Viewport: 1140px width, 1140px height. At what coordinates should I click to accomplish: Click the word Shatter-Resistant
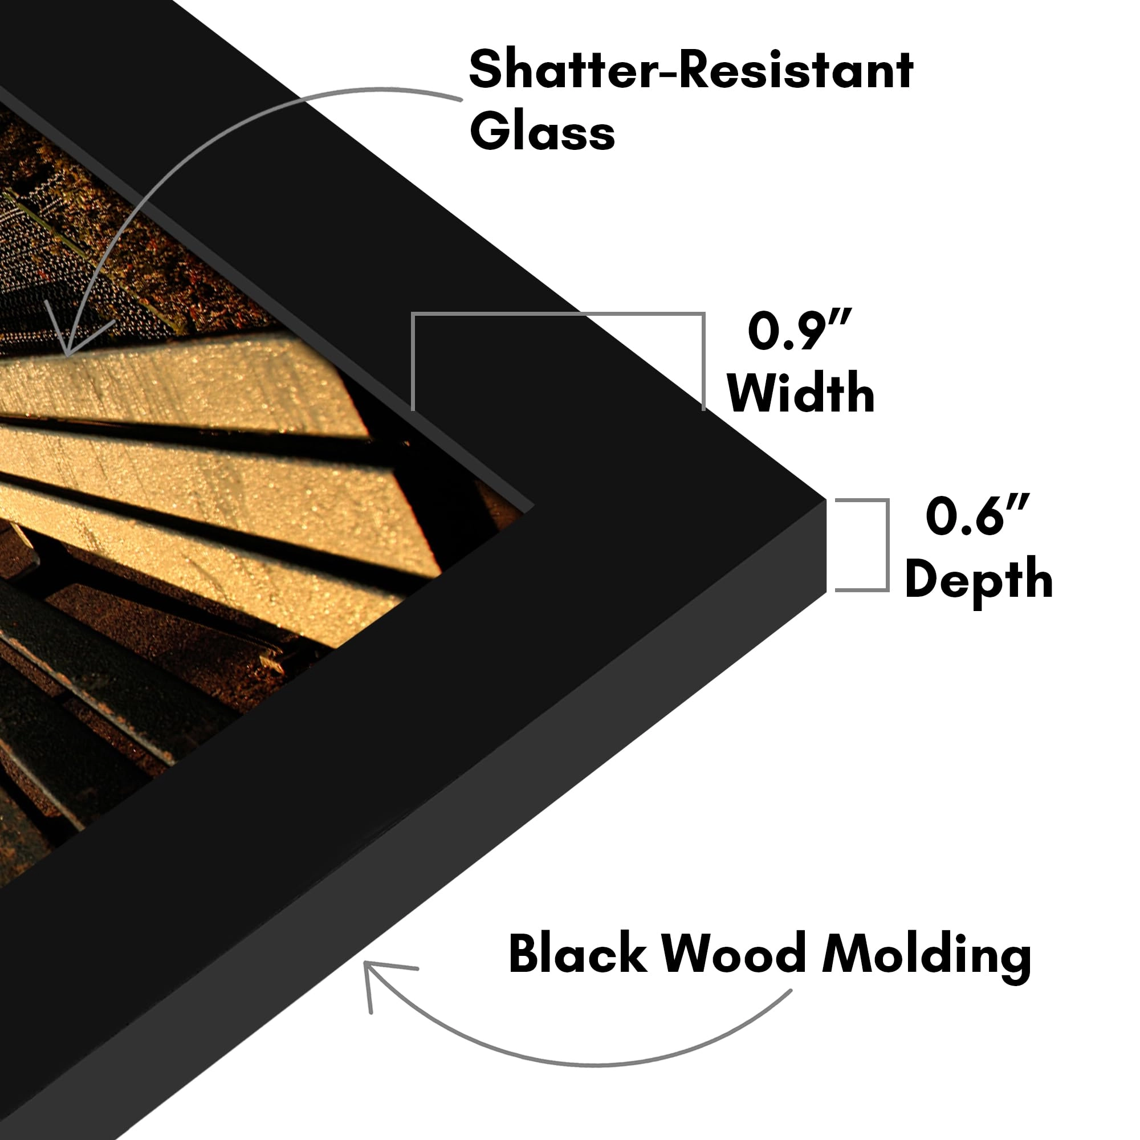(x=691, y=70)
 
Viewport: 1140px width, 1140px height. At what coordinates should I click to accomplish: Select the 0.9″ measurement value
(x=800, y=331)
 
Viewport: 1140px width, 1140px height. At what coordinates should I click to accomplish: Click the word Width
(x=801, y=392)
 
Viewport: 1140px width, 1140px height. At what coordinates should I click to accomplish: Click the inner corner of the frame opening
(x=534, y=506)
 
